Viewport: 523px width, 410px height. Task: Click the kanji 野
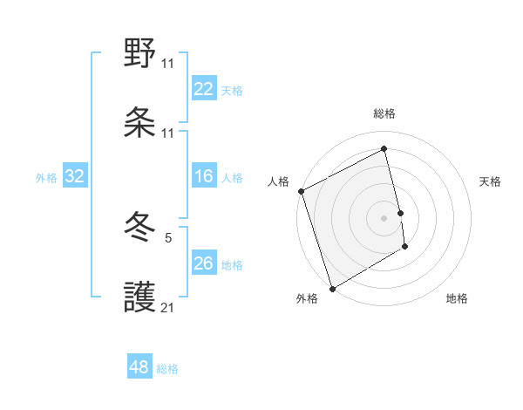pos(140,54)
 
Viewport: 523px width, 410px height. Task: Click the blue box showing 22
pos(204,89)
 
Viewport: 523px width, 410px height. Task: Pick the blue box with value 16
pos(204,176)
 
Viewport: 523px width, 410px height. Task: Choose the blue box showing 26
pos(204,263)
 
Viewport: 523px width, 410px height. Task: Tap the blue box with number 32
pos(75,176)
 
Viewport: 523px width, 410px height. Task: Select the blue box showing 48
pos(139,367)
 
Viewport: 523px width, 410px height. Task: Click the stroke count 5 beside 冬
pos(168,236)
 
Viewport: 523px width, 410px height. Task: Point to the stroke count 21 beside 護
pos(168,306)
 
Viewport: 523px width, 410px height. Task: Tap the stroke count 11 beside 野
pos(168,63)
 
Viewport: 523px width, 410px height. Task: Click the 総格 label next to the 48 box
pos(167,369)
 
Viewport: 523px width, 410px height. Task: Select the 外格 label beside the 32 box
pos(46,178)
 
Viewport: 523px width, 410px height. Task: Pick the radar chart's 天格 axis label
pos(491,181)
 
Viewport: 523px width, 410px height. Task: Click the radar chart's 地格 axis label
pos(457,298)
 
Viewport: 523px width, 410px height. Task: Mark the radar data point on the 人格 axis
pos(301,191)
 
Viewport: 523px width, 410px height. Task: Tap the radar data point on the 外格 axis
pos(331,288)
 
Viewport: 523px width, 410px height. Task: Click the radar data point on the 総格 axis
pos(384,148)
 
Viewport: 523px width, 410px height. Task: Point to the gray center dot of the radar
pos(384,217)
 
